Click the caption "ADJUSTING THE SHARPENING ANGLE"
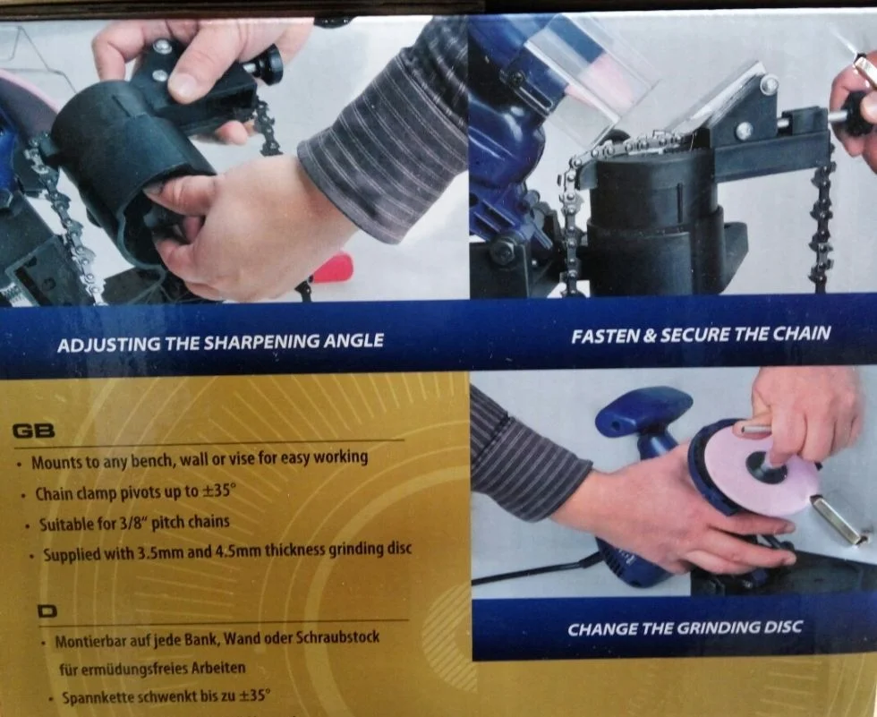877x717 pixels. point(220,342)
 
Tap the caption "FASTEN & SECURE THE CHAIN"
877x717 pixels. point(700,335)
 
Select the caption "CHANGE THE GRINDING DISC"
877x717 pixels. point(685,628)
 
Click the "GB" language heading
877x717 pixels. point(34,431)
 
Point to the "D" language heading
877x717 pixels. point(47,611)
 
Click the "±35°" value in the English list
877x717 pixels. point(219,491)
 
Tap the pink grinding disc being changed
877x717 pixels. point(764,475)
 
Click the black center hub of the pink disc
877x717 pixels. point(765,465)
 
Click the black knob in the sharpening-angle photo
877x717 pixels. point(268,64)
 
